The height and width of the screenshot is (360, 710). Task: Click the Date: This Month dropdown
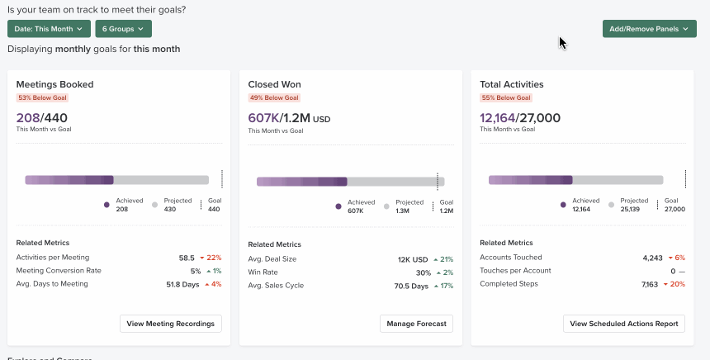point(49,29)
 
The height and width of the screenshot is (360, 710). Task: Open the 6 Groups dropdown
point(123,29)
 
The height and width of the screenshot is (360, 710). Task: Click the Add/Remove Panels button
point(649,29)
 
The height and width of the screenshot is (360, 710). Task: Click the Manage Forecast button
point(416,324)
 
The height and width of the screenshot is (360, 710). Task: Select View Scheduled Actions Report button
point(624,324)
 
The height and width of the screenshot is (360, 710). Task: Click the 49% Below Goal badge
point(273,97)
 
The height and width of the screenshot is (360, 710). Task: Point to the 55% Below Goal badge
point(505,97)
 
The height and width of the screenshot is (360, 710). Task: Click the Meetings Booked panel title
point(54,84)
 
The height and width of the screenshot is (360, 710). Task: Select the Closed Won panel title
point(274,84)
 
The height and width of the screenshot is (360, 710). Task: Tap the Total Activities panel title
point(511,84)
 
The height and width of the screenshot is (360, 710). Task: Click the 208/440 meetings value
point(41,118)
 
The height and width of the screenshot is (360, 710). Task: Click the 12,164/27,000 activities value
point(519,118)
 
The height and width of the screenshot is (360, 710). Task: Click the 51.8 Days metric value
point(182,285)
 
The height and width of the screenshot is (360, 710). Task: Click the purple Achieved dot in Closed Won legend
point(338,206)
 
